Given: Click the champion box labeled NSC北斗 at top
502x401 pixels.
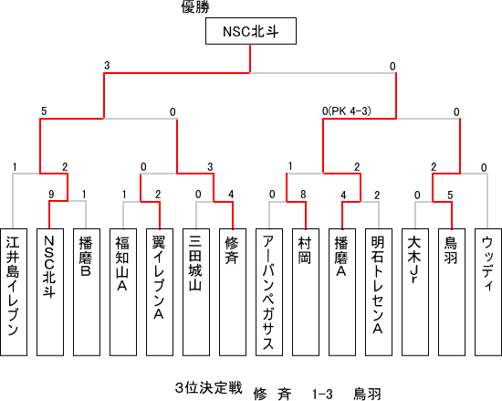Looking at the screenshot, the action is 251,31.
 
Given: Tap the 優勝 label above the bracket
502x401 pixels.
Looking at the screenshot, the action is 195,6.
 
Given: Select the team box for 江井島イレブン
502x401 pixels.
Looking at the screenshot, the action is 14,292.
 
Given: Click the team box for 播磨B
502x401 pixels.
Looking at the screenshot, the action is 87,292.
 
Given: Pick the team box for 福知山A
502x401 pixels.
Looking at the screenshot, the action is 123,292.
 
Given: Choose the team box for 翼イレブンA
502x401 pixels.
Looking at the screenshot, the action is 160,292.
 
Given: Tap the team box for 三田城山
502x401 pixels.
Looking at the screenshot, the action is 196,292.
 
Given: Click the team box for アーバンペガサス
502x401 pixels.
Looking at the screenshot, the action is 269,292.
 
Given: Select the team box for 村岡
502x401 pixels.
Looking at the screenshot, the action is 306,292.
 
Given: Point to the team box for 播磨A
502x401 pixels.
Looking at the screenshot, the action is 342,292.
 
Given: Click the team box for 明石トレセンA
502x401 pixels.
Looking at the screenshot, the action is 379,292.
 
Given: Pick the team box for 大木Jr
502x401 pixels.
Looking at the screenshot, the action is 415,292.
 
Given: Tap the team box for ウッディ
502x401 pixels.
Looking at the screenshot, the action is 488,292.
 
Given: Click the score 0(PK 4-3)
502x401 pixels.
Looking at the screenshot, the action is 347,111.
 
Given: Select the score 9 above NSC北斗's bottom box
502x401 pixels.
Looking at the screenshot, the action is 51,194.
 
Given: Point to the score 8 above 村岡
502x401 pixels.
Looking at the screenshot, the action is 303,194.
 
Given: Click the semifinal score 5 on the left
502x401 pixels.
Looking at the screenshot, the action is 44,111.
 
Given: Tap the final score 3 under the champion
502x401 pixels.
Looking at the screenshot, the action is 107,66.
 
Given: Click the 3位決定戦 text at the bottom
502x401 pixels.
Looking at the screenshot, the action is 208,388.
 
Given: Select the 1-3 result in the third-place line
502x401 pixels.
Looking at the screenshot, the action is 322,394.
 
